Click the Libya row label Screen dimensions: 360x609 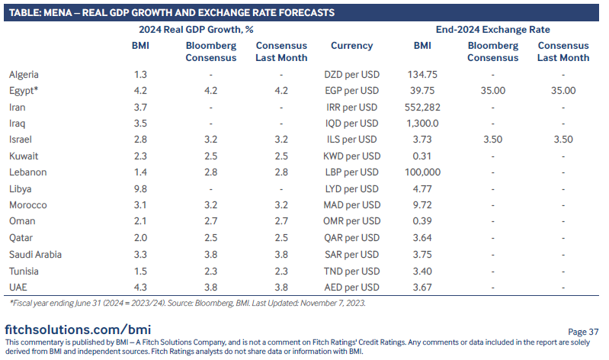pyautogui.click(x=21, y=188)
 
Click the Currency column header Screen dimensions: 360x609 pyautogui.click(x=351, y=46)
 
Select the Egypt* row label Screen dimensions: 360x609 pyautogui.click(x=25, y=91)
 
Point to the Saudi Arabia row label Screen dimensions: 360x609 pyautogui.click(x=36, y=254)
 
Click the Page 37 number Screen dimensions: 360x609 pyautogui.click(x=583, y=331)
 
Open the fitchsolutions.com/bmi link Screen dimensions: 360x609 pyautogui.click(x=78, y=329)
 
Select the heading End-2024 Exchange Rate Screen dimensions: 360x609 pyautogui.click(x=492, y=29)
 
